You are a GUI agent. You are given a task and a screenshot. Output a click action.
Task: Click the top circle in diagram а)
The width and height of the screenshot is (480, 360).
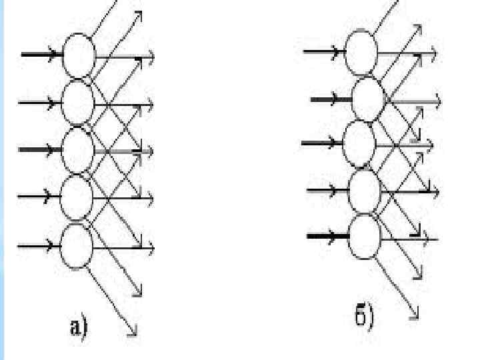click(79, 55)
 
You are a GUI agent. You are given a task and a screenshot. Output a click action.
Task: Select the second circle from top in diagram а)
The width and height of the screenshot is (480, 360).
click(79, 102)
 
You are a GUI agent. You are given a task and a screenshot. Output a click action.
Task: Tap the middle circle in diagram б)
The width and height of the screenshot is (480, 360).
click(359, 143)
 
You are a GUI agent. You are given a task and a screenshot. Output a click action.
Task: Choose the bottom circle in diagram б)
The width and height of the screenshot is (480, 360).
click(364, 236)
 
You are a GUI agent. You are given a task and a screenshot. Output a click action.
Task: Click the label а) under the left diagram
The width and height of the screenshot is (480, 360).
click(79, 327)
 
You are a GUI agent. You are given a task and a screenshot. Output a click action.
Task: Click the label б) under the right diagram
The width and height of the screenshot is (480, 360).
click(364, 315)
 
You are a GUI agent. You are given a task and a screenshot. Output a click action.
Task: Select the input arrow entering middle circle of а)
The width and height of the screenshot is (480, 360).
click(40, 149)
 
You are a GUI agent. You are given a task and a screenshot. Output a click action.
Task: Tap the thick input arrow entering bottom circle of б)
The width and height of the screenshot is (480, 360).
click(328, 235)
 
